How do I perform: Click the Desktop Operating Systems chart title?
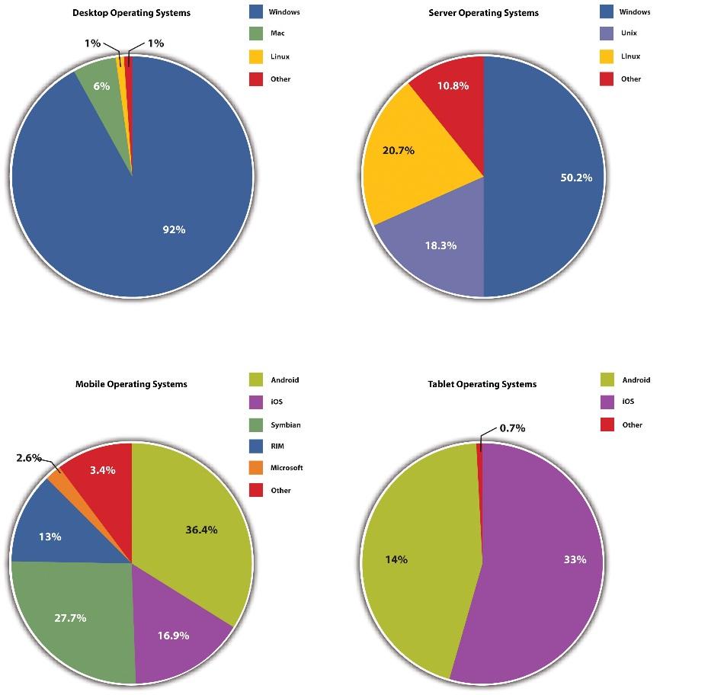click(x=131, y=13)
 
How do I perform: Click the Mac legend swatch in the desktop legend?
click(x=256, y=34)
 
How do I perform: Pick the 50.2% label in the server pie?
click(x=575, y=178)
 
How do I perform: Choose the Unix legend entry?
click(x=629, y=34)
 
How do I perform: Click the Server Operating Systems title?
click(x=483, y=13)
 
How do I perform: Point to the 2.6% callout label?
click(x=30, y=458)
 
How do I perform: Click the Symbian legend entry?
click(x=285, y=424)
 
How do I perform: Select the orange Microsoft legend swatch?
click(x=256, y=468)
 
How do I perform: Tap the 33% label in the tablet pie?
click(x=575, y=559)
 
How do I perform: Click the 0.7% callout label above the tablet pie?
click(x=512, y=428)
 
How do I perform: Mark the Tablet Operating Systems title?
click(x=482, y=384)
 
